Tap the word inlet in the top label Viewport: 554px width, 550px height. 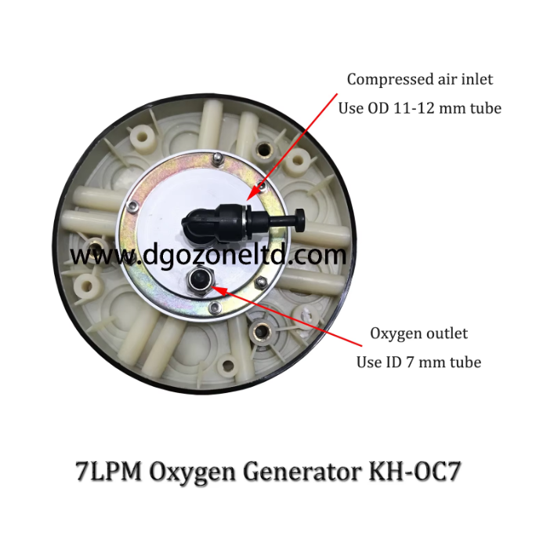pos(478,79)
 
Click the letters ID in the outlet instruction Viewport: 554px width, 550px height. pos(394,362)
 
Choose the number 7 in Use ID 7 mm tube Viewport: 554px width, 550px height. pos(413,362)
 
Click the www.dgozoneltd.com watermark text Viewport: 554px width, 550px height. pos(208,255)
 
